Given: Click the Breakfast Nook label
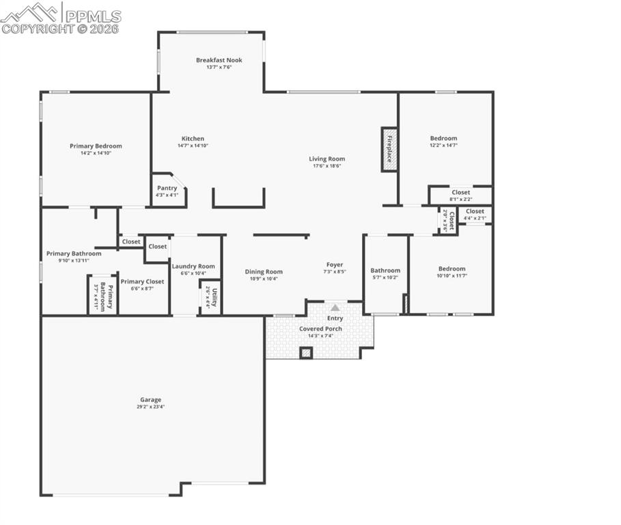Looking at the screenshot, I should tap(219, 60).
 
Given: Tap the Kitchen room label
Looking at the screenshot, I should tap(193, 139).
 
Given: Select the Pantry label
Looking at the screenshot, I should tap(167, 188).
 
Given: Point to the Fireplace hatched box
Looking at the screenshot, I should tap(389, 149).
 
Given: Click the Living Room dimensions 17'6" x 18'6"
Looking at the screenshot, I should tap(327, 166).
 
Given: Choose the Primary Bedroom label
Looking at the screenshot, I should tap(96, 146).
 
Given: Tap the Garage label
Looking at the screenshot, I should tap(150, 400).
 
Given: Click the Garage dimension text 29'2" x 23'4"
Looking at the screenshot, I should tap(150, 407).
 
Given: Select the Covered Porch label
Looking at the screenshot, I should tap(320, 329).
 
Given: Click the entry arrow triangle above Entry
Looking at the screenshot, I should tap(335, 308).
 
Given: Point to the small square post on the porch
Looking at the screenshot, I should tap(306, 353).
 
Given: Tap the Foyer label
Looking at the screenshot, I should tap(335, 265).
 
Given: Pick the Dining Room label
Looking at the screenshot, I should tap(264, 271).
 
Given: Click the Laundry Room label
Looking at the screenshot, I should tap(193, 267).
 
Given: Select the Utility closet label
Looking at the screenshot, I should tap(215, 297).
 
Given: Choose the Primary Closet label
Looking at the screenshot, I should tap(142, 281).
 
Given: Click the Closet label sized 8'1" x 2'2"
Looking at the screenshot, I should tap(460, 193).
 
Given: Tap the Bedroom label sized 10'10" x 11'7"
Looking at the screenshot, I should tap(452, 269).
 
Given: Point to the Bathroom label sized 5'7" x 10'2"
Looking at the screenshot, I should tap(385, 271).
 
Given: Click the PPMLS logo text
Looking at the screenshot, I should tap(92, 15).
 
